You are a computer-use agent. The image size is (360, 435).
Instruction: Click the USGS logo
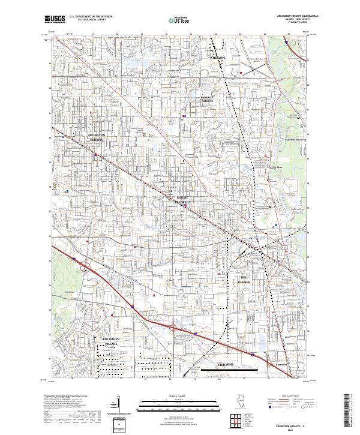point(53,19)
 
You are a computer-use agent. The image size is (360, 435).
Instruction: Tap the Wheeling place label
point(217,58)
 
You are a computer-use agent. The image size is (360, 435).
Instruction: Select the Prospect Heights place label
point(207,99)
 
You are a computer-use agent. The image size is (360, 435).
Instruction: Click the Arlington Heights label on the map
point(97,137)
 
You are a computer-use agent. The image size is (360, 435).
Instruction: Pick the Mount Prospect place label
point(183,200)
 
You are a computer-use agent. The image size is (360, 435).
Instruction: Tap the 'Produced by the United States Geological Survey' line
point(62,397)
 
